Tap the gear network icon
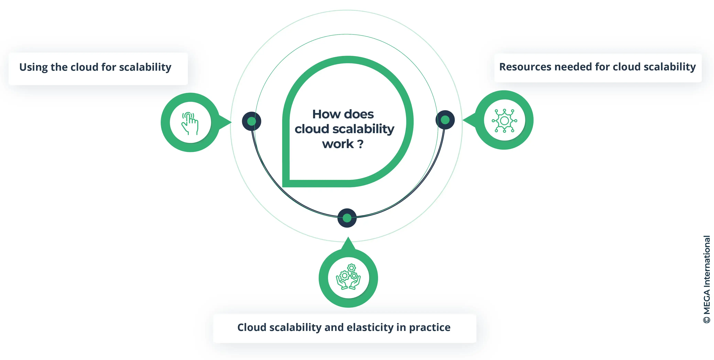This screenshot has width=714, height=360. pyautogui.click(x=504, y=120)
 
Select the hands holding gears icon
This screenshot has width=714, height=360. pyautogui.click(x=348, y=277)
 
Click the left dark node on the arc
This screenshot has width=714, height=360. pyautogui.click(x=251, y=121)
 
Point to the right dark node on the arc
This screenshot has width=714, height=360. pyautogui.click(x=445, y=120)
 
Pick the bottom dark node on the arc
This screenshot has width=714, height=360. pyautogui.click(x=347, y=218)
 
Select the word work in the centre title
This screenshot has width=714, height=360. pyautogui.click(x=338, y=144)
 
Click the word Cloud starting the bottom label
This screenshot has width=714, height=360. pyautogui.click(x=252, y=327)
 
